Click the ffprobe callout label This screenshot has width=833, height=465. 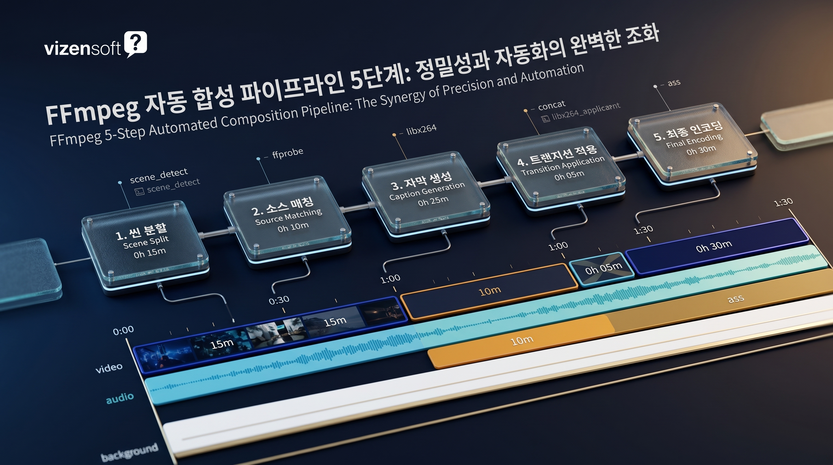tap(288, 153)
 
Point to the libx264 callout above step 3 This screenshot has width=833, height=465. tap(421, 129)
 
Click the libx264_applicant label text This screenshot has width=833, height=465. tap(586, 112)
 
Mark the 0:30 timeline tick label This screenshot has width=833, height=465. tap(279, 300)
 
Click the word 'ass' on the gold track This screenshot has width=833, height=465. tap(735, 298)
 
